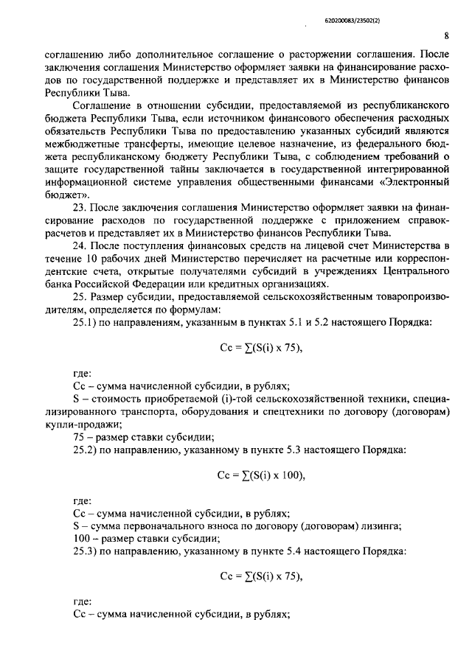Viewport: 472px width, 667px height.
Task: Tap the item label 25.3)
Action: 87,549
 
